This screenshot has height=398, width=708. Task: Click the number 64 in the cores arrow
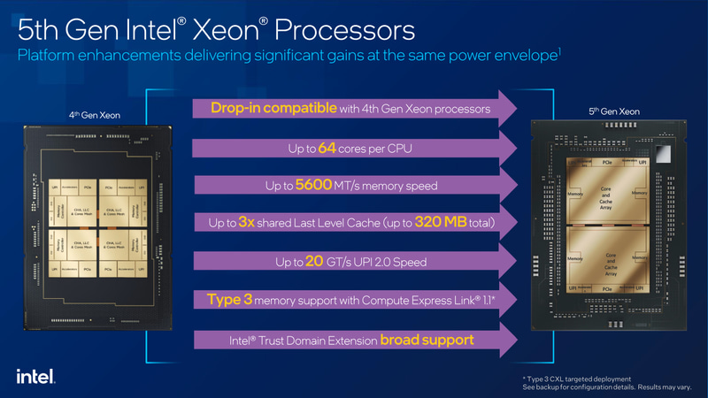pyautogui.click(x=329, y=148)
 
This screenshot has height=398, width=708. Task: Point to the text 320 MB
pyautogui.click(x=440, y=223)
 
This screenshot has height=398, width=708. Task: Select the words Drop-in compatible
pyautogui.click(x=273, y=109)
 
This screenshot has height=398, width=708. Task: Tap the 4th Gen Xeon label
pyautogui.click(x=94, y=115)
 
